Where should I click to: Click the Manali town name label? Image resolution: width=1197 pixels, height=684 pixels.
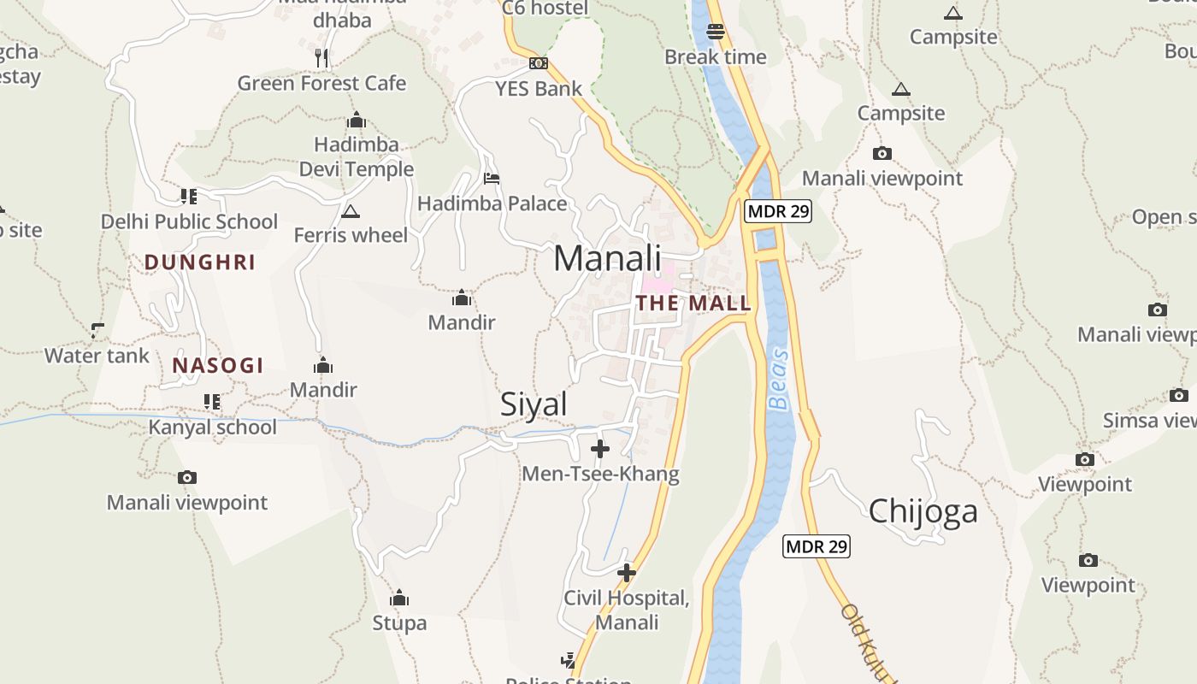pyautogui.click(x=607, y=258)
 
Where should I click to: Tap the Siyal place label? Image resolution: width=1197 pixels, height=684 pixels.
pyautogui.click(x=534, y=404)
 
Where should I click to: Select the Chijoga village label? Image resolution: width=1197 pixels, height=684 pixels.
pyautogui.click(x=923, y=511)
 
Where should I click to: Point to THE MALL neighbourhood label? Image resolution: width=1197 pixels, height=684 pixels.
pyautogui.click(x=693, y=303)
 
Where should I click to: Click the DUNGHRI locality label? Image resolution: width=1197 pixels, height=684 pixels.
pyautogui.click(x=200, y=262)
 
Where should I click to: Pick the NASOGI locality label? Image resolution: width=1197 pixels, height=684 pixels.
pyautogui.click(x=218, y=366)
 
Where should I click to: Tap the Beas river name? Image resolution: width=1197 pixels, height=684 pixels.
pyautogui.click(x=778, y=379)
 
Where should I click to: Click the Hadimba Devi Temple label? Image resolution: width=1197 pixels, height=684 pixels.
pyautogui.click(x=357, y=156)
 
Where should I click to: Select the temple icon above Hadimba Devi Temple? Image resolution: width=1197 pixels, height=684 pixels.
pyautogui.click(x=357, y=121)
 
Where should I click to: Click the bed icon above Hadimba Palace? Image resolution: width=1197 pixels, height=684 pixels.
pyautogui.click(x=492, y=179)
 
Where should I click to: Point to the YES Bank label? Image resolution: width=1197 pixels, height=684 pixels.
pyautogui.click(x=539, y=89)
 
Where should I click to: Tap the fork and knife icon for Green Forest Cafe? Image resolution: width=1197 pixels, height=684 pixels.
pyautogui.click(x=321, y=58)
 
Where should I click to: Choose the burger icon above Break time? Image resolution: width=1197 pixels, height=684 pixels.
pyautogui.click(x=716, y=32)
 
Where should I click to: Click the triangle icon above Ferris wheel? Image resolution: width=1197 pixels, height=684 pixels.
pyautogui.click(x=350, y=210)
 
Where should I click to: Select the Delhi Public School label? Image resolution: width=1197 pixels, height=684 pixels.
pyautogui.click(x=189, y=222)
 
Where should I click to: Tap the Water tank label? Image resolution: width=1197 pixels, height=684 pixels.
pyautogui.click(x=97, y=356)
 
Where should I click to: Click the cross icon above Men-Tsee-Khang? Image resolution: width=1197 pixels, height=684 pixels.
pyautogui.click(x=600, y=448)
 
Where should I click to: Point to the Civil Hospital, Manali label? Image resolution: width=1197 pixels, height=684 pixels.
pyautogui.click(x=627, y=610)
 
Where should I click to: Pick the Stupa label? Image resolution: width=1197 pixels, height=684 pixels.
pyautogui.click(x=399, y=623)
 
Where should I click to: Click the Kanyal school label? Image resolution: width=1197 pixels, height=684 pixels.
pyautogui.click(x=213, y=427)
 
